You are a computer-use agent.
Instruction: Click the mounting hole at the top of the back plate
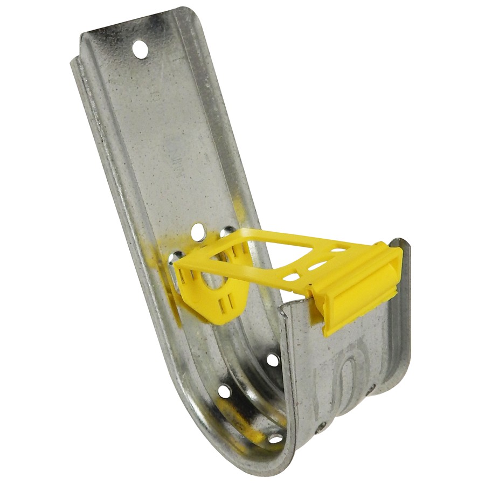[x=140, y=50]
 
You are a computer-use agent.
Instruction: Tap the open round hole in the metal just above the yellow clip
[x=198, y=232]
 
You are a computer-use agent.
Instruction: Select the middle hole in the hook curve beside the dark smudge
[x=224, y=391]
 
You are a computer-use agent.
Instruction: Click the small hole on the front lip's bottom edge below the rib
[x=321, y=426]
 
